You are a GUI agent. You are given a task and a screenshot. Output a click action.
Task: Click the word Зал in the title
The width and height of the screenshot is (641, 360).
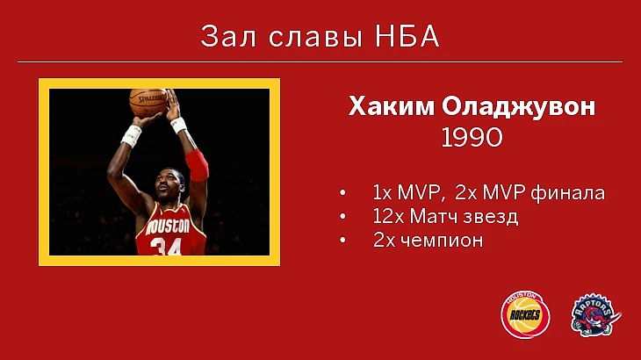pos(228,36)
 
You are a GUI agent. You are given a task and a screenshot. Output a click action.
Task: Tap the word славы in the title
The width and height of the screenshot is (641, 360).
pos(315,37)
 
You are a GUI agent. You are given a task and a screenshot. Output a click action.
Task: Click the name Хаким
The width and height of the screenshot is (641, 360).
pos(392,106)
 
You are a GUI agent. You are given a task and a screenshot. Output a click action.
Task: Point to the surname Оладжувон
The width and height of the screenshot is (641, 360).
pos(518,107)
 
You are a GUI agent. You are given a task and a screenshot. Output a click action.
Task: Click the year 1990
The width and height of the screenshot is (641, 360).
pos(472,137)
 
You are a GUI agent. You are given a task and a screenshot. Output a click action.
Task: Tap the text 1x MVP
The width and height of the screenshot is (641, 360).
pos(407,192)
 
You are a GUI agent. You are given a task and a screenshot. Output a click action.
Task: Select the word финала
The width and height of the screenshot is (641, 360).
pos(567,193)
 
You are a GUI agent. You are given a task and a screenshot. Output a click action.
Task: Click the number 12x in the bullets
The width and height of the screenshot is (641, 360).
pos(388,216)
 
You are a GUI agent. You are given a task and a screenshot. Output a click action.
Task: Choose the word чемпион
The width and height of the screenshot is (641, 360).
pos(442,241)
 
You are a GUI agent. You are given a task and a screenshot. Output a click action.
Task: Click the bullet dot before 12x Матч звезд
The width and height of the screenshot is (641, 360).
pos(342,217)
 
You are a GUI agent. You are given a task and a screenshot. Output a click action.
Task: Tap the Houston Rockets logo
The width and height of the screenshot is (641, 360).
pos(525,314)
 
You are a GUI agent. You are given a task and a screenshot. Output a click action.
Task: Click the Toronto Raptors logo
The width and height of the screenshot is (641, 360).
pos(595,315)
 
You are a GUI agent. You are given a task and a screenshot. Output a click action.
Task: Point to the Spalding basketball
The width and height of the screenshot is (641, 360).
pos(148,102)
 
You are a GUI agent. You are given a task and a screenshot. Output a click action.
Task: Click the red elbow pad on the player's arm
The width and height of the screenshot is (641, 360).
pos(197,165)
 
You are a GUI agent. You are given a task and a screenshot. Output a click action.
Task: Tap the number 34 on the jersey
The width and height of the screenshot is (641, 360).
pos(166,247)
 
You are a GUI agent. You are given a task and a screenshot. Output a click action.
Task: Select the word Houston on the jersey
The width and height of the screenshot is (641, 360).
pos(168,227)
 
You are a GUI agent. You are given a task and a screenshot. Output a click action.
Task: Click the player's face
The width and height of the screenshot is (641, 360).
pos(168,185)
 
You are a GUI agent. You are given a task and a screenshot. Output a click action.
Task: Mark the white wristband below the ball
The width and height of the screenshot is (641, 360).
pos(131,136)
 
